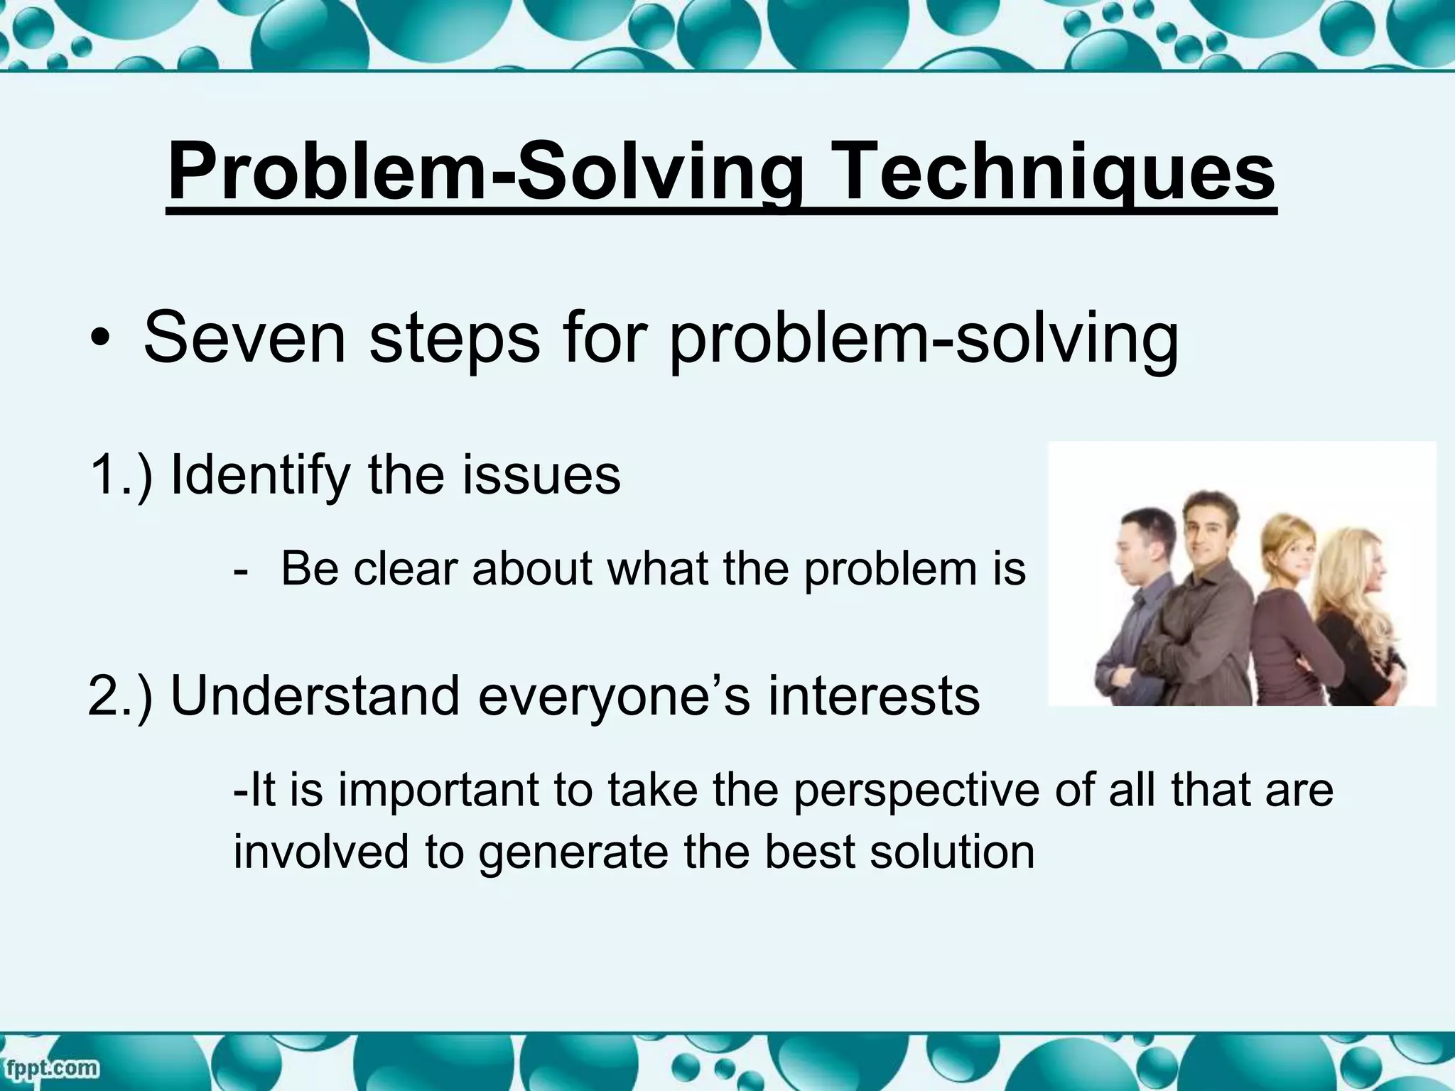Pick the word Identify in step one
click(x=260, y=475)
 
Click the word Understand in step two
click(x=315, y=696)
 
